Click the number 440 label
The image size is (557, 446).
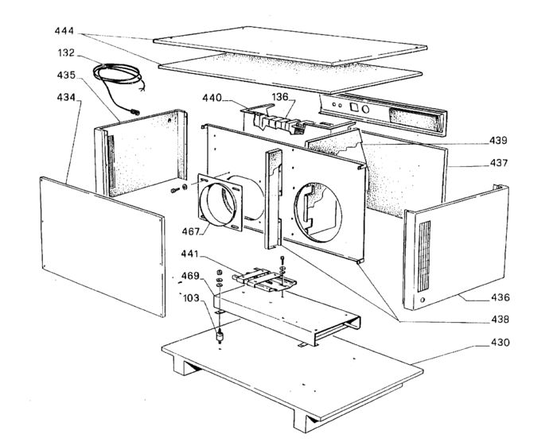[x=212, y=99]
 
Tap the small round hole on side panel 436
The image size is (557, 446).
[x=422, y=300]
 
